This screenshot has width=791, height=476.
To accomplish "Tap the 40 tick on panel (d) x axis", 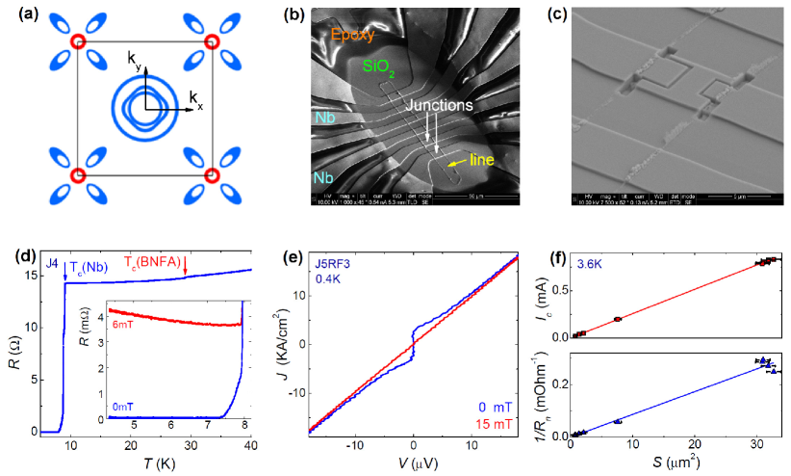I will click(x=250, y=446).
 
